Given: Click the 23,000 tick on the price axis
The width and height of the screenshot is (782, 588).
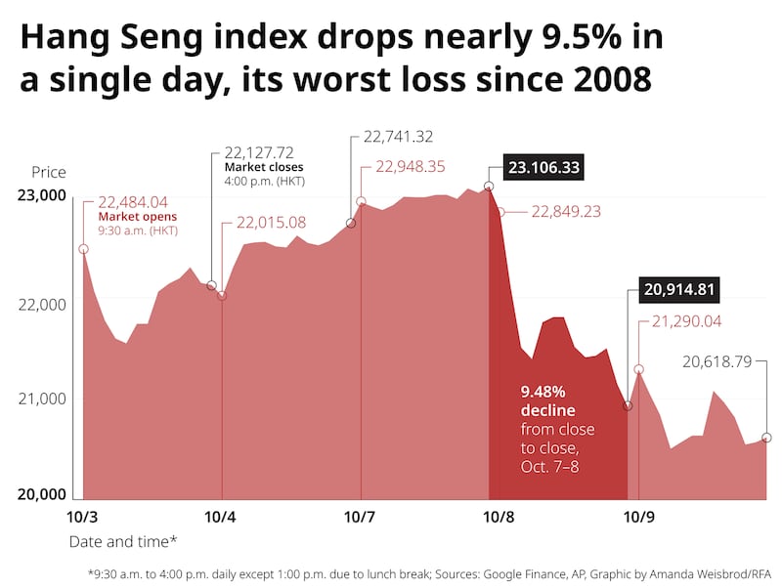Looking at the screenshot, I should [x=43, y=195].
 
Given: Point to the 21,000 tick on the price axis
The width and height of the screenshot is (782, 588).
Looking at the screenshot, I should [x=43, y=399].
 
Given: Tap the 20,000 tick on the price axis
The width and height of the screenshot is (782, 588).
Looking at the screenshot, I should [x=43, y=494].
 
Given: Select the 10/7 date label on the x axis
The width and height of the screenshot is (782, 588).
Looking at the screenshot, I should [x=361, y=516].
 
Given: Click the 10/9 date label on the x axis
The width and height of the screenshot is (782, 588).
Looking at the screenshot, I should [x=639, y=516].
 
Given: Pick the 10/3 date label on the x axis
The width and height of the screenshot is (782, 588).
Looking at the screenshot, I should [x=83, y=516].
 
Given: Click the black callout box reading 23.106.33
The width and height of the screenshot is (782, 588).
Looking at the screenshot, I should [x=543, y=168].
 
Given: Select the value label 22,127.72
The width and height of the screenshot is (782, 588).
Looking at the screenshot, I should [x=259, y=152].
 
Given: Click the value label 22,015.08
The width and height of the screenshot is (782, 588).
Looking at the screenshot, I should [x=264, y=223].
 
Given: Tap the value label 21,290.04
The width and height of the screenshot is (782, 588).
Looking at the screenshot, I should [x=679, y=321].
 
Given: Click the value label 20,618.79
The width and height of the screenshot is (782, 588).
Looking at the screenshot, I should [x=717, y=361].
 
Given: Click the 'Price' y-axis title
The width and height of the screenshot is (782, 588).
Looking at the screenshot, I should [x=49, y=172].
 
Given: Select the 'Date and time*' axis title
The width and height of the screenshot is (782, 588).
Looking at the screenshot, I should [x=123, y=540].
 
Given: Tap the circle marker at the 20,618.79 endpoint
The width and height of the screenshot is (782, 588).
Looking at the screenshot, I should [x=765, y=438].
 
